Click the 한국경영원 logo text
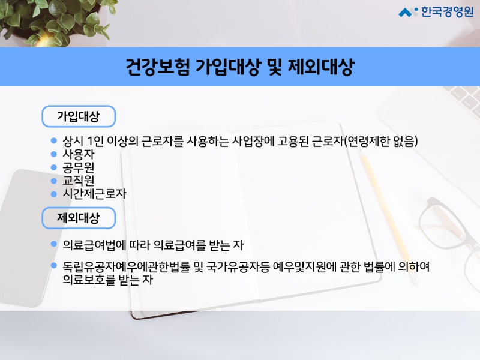(x=447, y=11)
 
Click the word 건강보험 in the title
(x=158, y=67)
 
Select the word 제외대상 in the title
(x=321, y=67)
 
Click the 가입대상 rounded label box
(x=79, y=116)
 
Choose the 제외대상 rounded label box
(x=79, y=218)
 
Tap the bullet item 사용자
(x=79, y=154)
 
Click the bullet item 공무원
(x=79, y=167)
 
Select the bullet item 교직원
(x=79, y=181)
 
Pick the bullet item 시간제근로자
(x=94, y=193)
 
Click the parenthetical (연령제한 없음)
(x=381, y=141)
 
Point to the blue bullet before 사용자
(x=54, y=154)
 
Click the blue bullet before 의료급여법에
(x=54, y=244)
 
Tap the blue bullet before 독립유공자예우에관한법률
(x=54, y=265)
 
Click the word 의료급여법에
(x=94, y=245)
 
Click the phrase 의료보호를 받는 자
(x=107, y=280)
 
